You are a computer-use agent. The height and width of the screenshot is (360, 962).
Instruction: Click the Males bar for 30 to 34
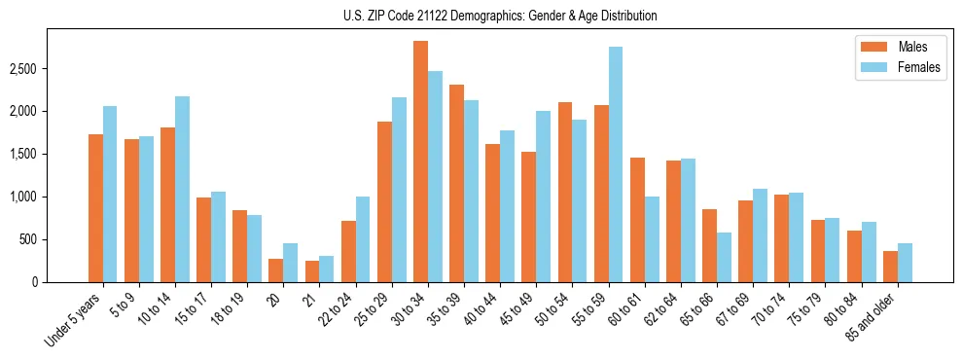coord(420,162)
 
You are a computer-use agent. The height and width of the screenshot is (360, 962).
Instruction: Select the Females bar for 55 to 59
coord(616,164)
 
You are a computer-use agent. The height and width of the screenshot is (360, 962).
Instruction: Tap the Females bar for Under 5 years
coord(110,194)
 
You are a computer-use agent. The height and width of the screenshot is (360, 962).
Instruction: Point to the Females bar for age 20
coord(290,263)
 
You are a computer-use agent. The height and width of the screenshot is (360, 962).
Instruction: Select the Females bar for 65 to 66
coord(725,257)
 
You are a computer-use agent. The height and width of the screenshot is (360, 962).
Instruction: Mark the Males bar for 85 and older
coord(890,267)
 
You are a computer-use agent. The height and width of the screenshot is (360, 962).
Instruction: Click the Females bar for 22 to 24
coord(363,239)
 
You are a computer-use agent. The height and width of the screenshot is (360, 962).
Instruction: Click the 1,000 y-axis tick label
coord(23,198)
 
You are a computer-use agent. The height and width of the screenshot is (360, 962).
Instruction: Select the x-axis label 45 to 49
coord(519,309)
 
